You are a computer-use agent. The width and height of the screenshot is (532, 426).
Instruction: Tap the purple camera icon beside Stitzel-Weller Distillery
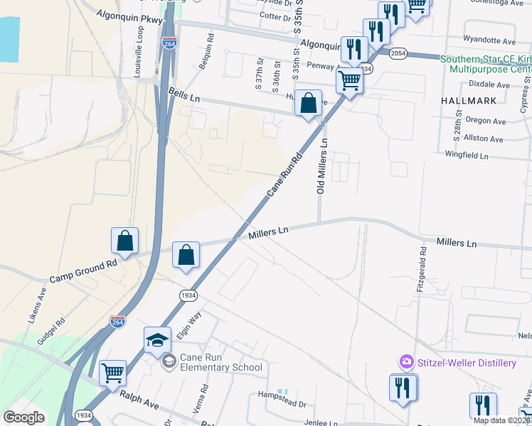coord(406,363)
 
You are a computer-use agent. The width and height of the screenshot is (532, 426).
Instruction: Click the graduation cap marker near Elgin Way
coord(157,340)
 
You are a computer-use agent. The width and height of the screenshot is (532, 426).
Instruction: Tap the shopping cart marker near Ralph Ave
coord(112,373)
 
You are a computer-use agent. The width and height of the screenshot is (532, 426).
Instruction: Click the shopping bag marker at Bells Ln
coord(309,103)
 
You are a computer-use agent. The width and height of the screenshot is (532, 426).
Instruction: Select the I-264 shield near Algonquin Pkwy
coord(169,43)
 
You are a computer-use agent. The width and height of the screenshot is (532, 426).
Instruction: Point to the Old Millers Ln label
coord(321,167)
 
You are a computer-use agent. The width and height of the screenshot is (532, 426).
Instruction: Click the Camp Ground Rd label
coord(83,273)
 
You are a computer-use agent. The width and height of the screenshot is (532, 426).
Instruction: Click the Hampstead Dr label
coord(282,404)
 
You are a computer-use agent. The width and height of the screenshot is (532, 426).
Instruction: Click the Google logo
coord(24,417)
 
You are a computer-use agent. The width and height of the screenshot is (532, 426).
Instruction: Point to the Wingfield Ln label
coord(467,155)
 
